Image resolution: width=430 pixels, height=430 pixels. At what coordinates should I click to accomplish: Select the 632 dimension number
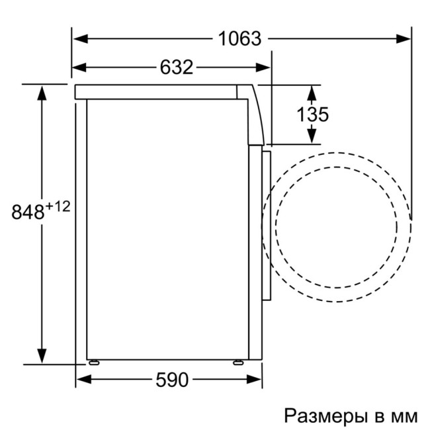176,67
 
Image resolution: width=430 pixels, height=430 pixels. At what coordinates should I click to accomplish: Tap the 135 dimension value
312,114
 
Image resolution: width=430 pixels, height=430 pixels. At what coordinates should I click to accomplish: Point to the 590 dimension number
171,380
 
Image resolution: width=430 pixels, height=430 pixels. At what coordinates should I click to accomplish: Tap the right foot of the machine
236,363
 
